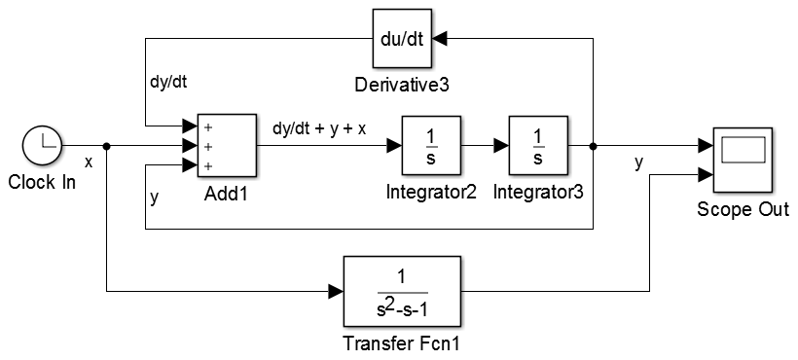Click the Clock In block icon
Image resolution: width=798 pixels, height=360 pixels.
[40, 147]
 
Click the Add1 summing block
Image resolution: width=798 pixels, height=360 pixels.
[227, 146]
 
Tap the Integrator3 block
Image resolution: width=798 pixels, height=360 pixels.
[538, 146]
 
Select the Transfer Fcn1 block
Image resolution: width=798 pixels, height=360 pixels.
[401, 292]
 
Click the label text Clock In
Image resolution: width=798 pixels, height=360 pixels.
[41, 182]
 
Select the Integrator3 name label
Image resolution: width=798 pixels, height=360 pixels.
[538, 192]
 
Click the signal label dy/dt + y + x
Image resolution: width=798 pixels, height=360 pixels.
[319, 127]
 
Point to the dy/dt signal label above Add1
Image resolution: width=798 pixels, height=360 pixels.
[166, 83]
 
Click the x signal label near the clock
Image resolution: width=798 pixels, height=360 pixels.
[89, 162]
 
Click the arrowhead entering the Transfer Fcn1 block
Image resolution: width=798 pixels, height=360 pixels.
[336, 292]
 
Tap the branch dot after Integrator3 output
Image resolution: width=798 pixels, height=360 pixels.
[594, 146]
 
